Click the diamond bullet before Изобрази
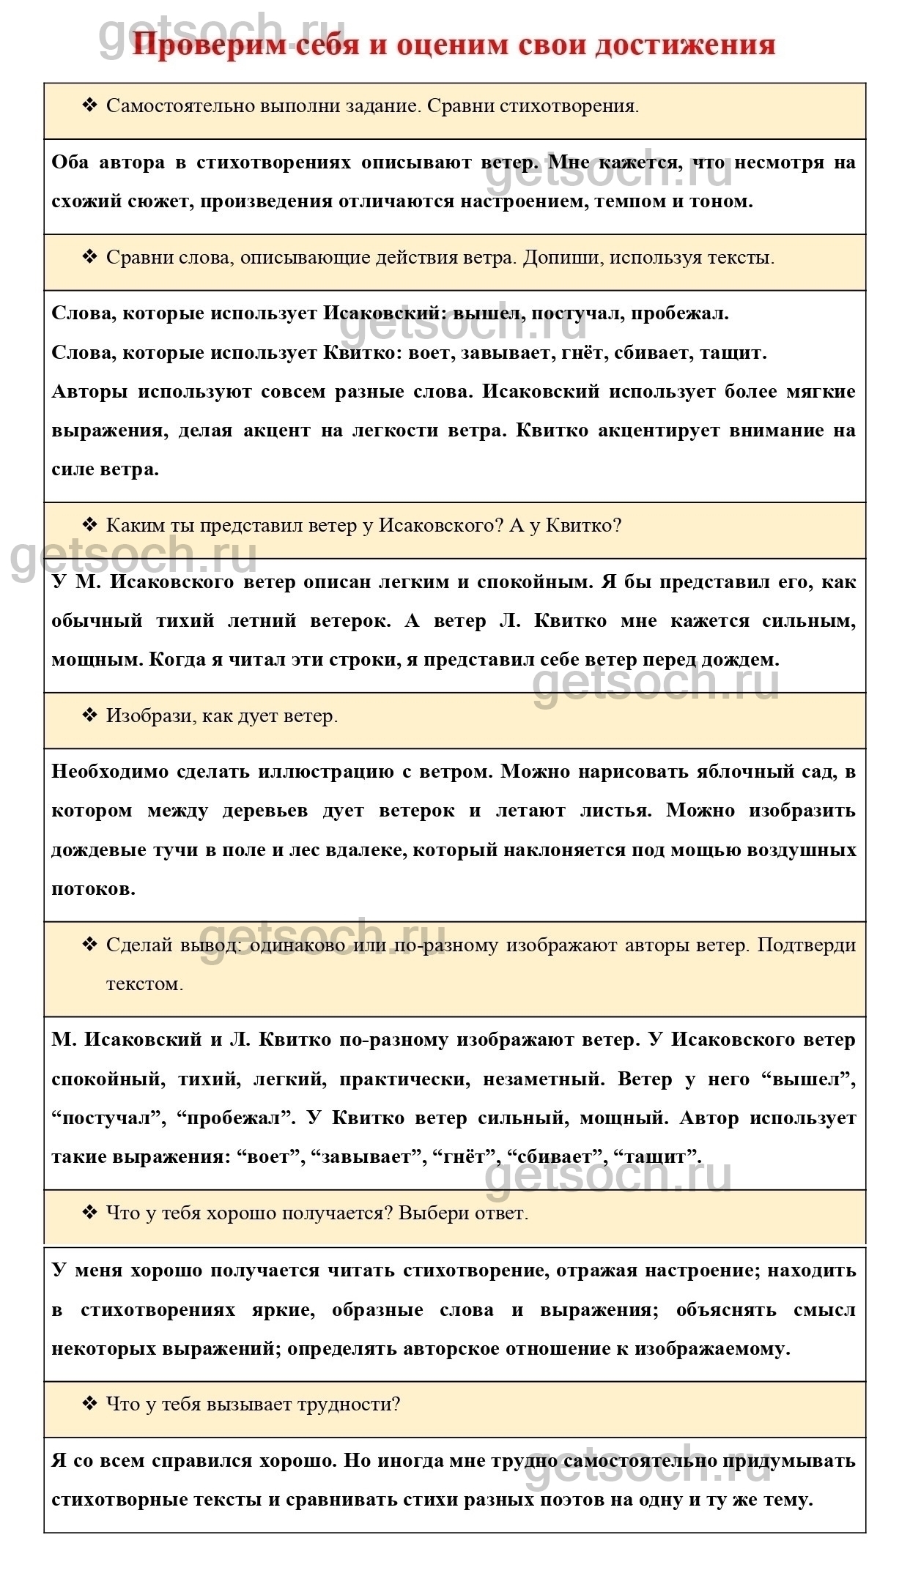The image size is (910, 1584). pyautogui.click(x=89, y=715)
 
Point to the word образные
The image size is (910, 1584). pyautogui.click(x=377, y=1310)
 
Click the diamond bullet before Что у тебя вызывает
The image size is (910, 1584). pyautogui.click(x=89, y=1404)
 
